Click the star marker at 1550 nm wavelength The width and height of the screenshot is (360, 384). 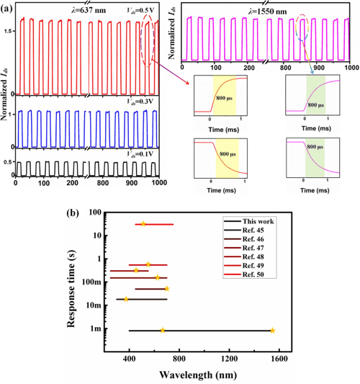(272, 331)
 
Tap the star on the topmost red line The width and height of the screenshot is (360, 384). (143, 224)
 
